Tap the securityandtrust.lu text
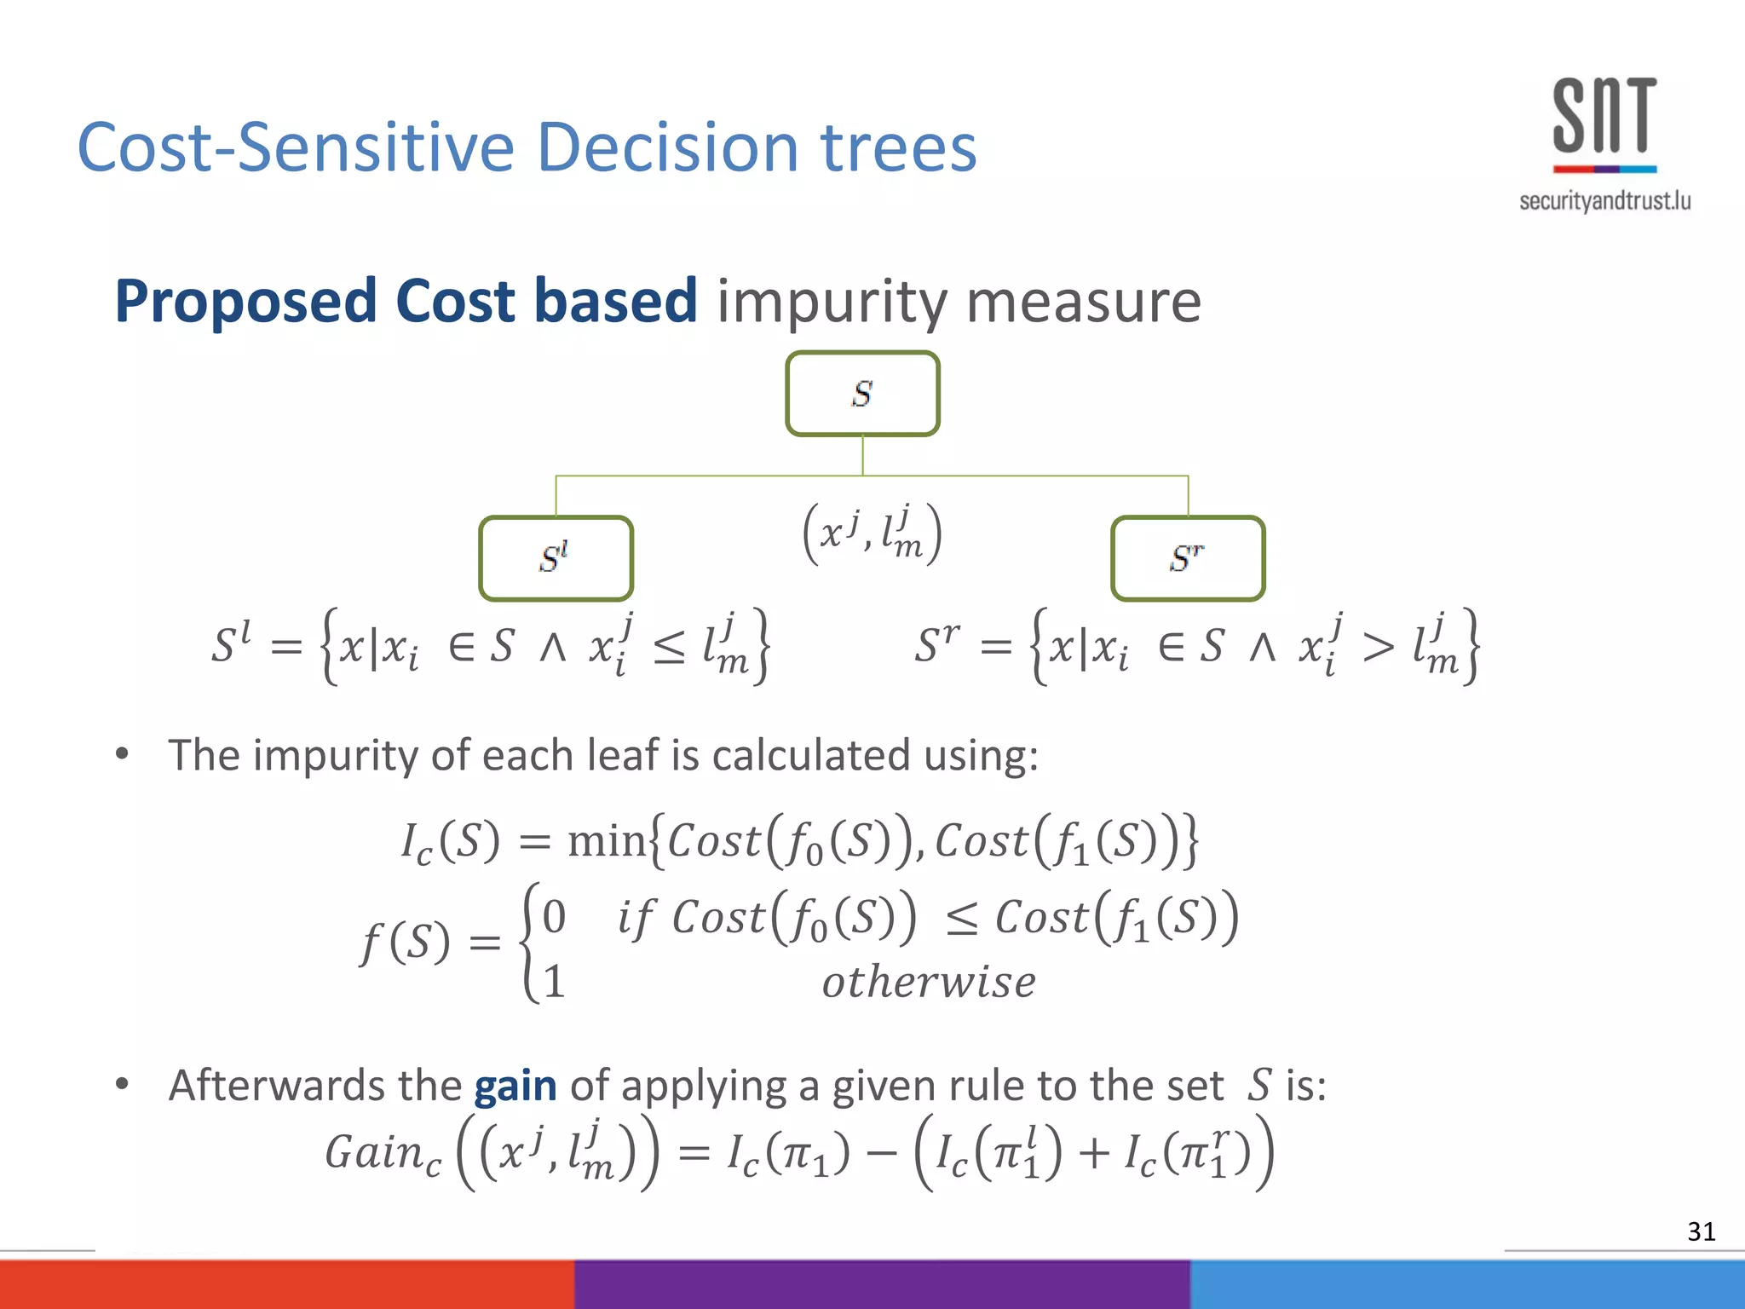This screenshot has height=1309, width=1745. (1604, 201)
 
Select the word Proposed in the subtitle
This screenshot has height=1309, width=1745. (245, 302)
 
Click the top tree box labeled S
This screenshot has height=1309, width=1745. (862, 394)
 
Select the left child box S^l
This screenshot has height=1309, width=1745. (556, 559)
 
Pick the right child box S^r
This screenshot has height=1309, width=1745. (1188, 559)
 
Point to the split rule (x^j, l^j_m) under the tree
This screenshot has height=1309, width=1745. (872, 534)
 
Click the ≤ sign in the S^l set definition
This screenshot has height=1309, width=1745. (669, 649)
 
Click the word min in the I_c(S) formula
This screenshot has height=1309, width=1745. (606, 842)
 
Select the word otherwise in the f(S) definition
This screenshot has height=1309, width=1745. (929, 983)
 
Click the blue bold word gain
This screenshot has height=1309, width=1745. (515, 1087)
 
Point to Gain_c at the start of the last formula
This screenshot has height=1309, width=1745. (383, 1154)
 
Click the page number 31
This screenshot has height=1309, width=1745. (1701, 1231)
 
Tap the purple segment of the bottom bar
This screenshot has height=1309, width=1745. (882, 1284)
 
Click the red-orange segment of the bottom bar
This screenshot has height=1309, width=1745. (286, 1284)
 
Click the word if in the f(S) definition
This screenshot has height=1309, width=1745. (636, 919)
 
